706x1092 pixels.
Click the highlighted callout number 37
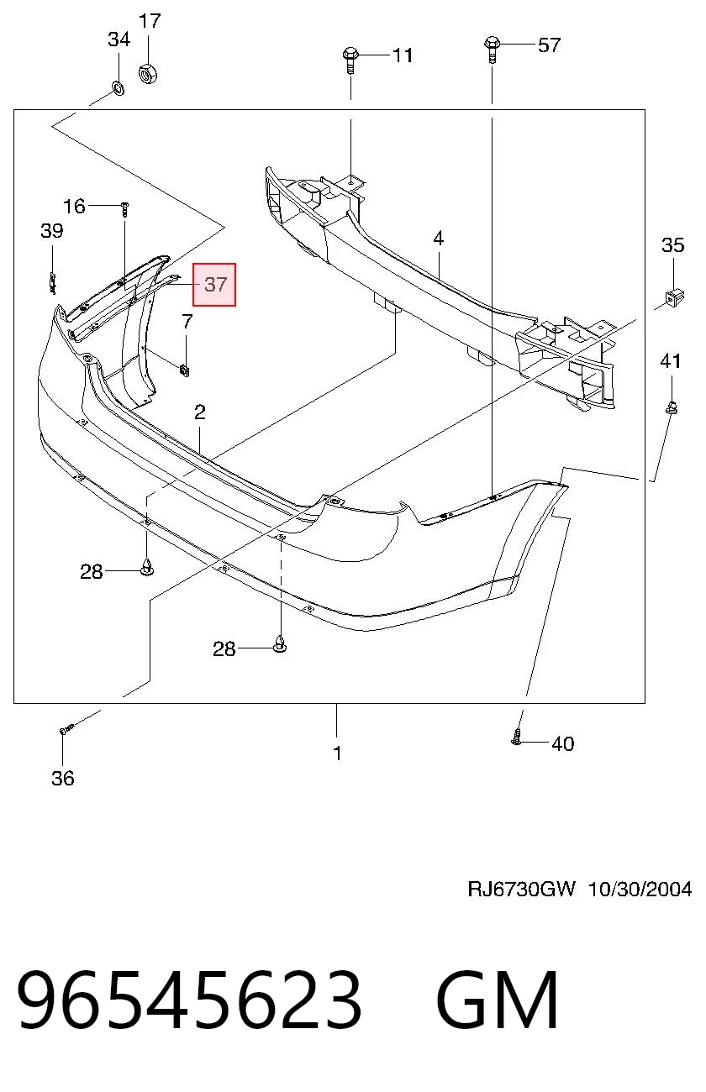[215, 284]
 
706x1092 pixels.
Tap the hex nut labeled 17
[148, 73]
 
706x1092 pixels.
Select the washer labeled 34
[119, 88]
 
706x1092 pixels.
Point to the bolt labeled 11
[350, 59]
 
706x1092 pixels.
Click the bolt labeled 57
[492, 49]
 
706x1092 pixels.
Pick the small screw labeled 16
[125, 210]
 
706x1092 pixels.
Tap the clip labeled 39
[53, 284]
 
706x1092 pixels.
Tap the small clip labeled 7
[185, 370]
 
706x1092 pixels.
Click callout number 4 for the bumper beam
[438, 239]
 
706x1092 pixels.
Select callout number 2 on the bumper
[199, 412]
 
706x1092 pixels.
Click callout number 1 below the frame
[337, 753]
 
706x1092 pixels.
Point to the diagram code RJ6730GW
[522, 890]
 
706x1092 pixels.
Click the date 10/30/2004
[640, 890]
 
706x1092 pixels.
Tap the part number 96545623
[189, 1000]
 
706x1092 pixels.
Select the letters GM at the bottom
[498, 1000]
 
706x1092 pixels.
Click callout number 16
[74, 206]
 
